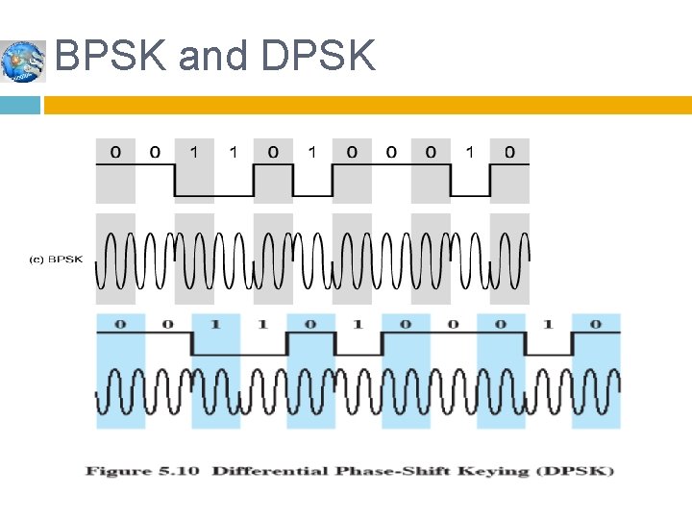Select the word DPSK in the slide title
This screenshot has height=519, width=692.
[x=317, y=57]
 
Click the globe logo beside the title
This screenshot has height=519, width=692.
[x=22, y=62]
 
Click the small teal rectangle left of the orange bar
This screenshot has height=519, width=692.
[x=20, y=105]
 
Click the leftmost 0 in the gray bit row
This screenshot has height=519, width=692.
[x=115, y=151]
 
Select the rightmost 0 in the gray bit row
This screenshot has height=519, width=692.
[x=509, y=151]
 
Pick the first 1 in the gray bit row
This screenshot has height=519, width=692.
[x=194, y=151]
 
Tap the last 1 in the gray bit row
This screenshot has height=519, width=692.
[x=470, y=151]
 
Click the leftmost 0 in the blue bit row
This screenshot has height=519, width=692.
[x=120, y=324]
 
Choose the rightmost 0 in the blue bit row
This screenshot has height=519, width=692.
[x=595, y=324]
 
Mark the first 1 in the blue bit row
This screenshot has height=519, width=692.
[x=215, y=324]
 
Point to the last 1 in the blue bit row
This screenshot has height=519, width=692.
[x=548, y=324]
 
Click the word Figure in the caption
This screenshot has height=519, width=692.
[x=119, y=471]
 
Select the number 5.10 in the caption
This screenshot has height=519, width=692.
[x=182, y=471]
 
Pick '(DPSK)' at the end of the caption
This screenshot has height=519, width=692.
[x=581, y=471]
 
